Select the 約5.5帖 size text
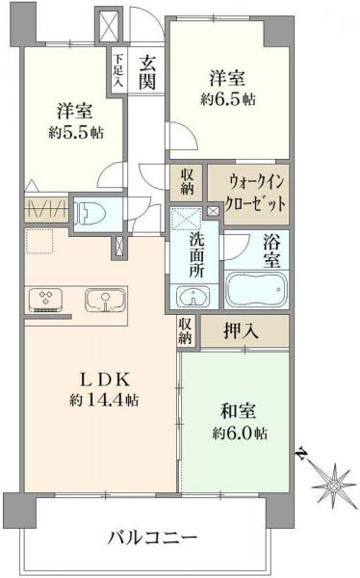coord(73,133)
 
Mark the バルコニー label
coord(153,536)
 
